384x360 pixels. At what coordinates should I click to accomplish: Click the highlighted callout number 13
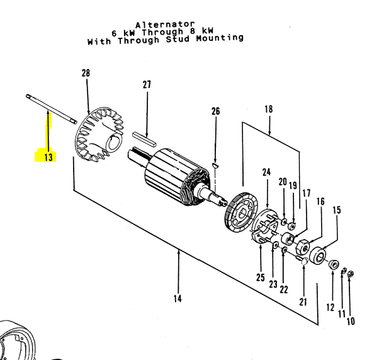pos(48,157)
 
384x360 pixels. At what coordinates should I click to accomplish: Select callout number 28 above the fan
pos(86,74)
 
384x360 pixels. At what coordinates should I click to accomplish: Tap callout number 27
pos(147,84)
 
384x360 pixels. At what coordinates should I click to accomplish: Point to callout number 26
pos(215,111)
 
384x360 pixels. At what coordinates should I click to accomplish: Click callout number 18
pos(269,109)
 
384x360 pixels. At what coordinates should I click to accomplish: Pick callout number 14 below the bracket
pos(178,298)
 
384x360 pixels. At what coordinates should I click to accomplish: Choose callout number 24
pos(266,172)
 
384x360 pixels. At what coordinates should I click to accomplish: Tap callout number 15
pos(337,210)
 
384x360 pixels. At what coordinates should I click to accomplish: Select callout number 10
pos(351,322)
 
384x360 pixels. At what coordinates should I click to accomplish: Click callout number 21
pos(303,301)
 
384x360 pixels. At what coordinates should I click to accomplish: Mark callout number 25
pos(260,278)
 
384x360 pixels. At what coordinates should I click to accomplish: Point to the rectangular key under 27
pos(147,139)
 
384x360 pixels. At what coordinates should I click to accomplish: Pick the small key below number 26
pos(215,165)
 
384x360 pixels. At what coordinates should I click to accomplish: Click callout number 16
pos(320,201)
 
